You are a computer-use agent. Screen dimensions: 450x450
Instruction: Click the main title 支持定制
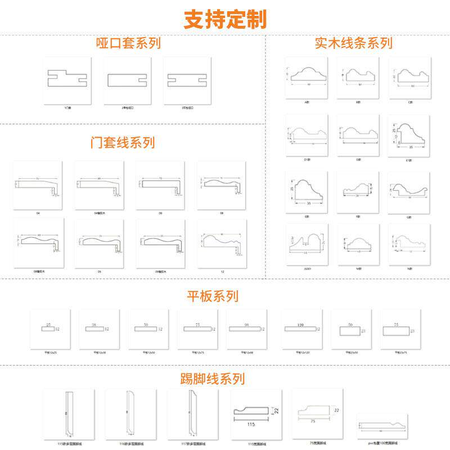coord(225,19)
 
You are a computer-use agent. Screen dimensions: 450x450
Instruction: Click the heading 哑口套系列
coord(128,43)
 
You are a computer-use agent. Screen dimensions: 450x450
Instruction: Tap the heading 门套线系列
coord(123,142)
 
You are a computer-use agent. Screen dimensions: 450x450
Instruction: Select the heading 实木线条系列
coord(353,43)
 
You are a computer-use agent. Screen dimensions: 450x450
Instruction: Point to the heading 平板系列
coord(213,296)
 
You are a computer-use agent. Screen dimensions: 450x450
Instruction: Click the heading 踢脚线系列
coord(213,378)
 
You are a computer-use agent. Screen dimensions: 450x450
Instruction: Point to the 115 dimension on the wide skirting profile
coord(251,425)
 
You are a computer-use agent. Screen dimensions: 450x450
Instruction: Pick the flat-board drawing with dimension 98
coord(247,328)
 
